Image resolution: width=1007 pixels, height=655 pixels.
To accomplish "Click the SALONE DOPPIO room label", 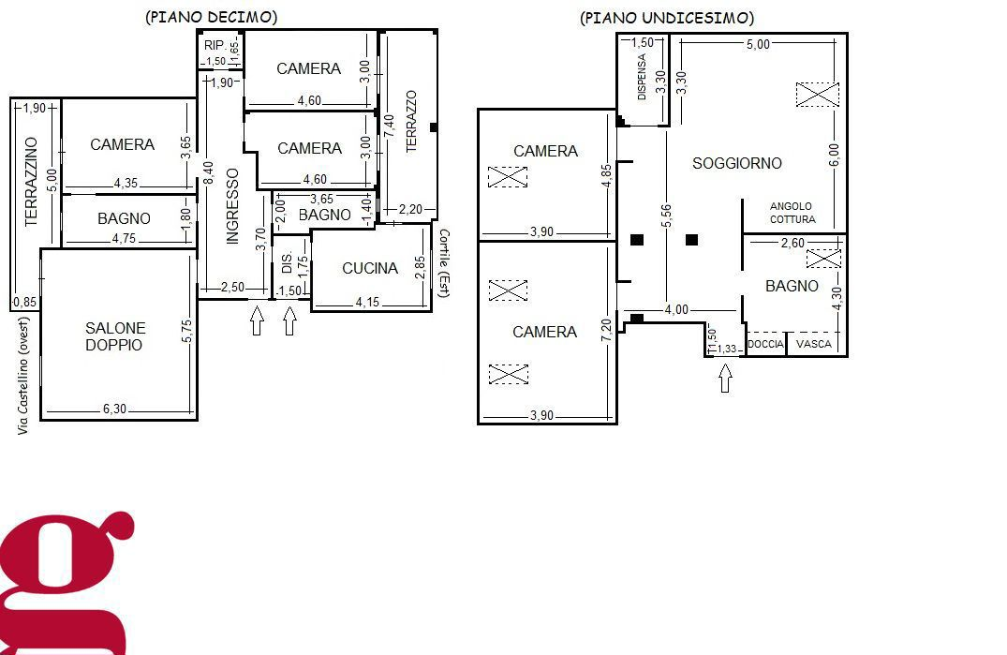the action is click(115, 336).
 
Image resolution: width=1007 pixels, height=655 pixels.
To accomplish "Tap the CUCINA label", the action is click(370, 268).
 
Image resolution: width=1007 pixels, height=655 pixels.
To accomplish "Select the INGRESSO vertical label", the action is click(232, 206).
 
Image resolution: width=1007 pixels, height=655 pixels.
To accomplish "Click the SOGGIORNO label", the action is click(737, 163).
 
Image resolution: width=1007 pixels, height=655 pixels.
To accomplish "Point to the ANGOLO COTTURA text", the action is click(792, 213).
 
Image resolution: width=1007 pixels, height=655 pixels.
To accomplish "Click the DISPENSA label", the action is click(642, 77).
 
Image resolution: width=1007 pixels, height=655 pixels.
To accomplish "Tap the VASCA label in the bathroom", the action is click(814, 344).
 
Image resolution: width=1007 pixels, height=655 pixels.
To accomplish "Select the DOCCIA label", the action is click(765, 344).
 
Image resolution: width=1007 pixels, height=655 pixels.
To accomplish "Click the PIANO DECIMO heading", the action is click(212, 17).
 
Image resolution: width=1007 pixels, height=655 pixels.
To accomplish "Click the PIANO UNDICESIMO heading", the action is click(667, 18).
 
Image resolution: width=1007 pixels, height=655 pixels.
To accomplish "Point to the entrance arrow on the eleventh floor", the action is click(725, 379).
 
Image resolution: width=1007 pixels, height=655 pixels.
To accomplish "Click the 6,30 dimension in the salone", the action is click(115, 409).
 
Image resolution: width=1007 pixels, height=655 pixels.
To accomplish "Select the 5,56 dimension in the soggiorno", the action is click(666, 216).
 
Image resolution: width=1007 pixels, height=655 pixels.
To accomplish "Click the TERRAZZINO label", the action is click(31, 182).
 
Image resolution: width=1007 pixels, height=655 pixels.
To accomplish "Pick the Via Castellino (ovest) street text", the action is click(23, 376).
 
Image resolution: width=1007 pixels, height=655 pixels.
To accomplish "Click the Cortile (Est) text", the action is click(444, 263).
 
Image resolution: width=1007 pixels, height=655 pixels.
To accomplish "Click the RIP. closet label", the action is click(215, 45).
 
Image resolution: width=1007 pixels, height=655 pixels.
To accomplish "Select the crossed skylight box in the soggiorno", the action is click(818, 95).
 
